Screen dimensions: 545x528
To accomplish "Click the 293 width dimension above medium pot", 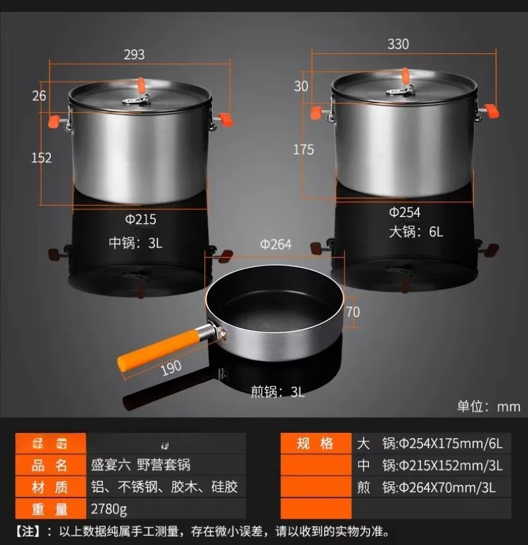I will click(134, 54).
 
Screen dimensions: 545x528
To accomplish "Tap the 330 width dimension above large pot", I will click(398, 44).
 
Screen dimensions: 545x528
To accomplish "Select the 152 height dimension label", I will click(41, 157).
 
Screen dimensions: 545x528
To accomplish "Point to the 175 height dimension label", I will click(304, 149).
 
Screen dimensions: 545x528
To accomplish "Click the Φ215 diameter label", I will click(141, 219).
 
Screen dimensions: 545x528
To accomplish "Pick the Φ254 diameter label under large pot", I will click(404, 212).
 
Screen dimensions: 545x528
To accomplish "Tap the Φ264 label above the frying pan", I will click(276, 244).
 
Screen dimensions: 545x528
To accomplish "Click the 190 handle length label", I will click(171, 368).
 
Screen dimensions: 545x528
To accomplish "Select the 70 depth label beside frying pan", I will click(353, 311).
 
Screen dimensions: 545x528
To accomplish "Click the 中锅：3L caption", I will click(135, 243).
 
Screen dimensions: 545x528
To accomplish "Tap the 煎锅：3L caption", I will click(277, 391).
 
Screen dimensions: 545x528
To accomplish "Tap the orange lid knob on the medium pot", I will click(141, 85).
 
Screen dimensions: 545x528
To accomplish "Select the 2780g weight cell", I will click(109, 509).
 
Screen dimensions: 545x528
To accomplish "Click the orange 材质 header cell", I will click(50, 487).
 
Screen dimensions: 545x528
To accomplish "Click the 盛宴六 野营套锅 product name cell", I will click(141, 465).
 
